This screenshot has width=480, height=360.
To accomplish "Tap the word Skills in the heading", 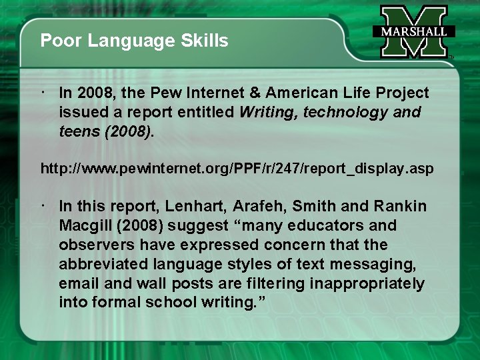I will pyautogui.click(x=205, y=41).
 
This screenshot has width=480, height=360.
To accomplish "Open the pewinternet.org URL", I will pyautogui.click(x=237, y=169).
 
